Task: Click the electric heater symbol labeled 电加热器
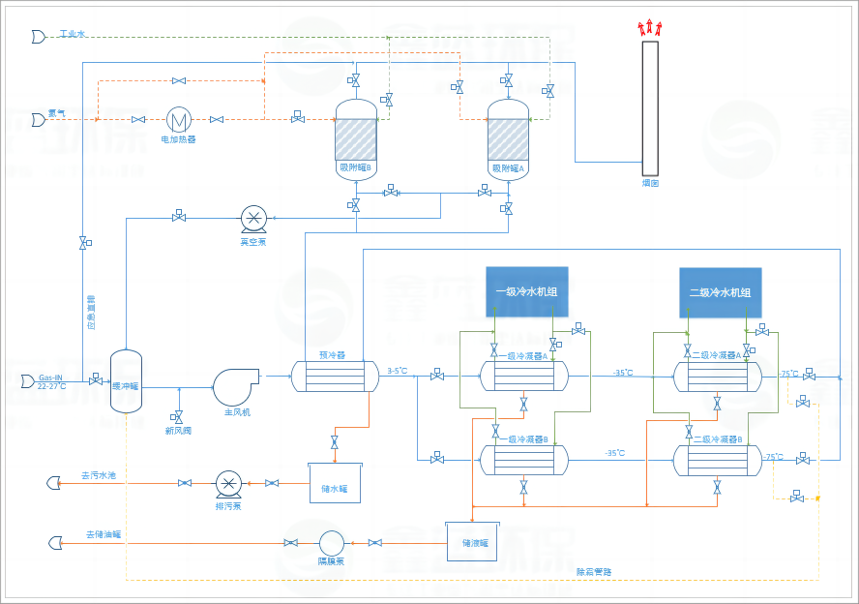tap(178, 119)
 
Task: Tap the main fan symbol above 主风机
tap(236, 386)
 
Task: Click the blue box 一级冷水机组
tap(526, 291)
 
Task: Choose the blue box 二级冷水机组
tap(720, 292)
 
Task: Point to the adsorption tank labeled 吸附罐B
tap(355, 139)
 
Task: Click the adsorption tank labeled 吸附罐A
tap(508, 139)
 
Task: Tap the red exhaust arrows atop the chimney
tap(649, 28)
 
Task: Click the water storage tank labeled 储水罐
tap(335, 482)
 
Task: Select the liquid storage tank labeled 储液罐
tap(471, 541)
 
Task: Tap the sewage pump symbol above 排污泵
tap(228, 482)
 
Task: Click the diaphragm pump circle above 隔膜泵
tap(332, 542)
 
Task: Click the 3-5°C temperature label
tap(399, 370)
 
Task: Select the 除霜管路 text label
tap(594, 572)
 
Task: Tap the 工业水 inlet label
tap(73, 34)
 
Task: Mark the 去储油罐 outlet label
tap(104, 534)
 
